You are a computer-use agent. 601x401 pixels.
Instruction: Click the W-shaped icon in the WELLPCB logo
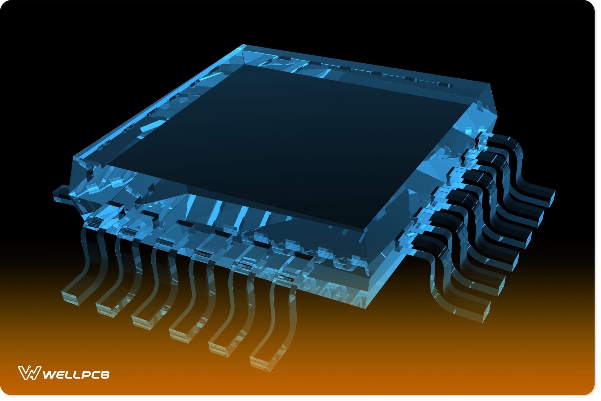[29, 373]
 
